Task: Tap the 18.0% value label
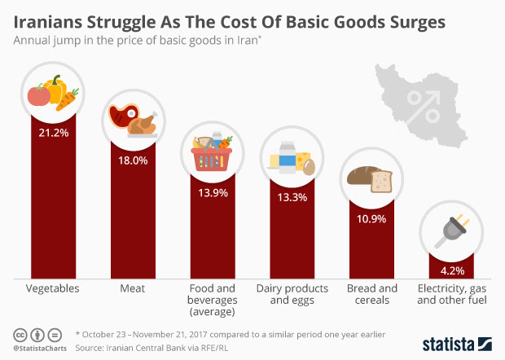132,160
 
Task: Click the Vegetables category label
53,289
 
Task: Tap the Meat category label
132,289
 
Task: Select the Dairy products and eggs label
292,295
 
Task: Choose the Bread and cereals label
371,295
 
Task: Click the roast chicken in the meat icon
143,123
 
